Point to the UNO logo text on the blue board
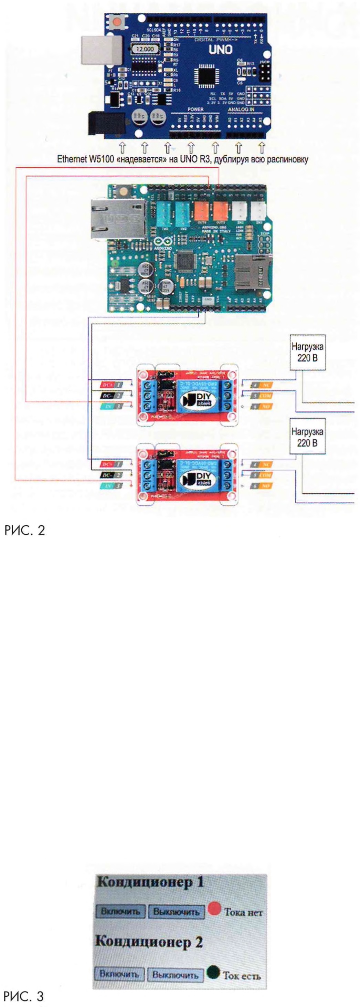220,50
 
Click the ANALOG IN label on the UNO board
241,110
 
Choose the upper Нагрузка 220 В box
307,352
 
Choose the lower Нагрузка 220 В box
307,437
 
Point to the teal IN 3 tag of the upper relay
112,407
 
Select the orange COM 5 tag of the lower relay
262,475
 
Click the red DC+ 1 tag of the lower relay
112,464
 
